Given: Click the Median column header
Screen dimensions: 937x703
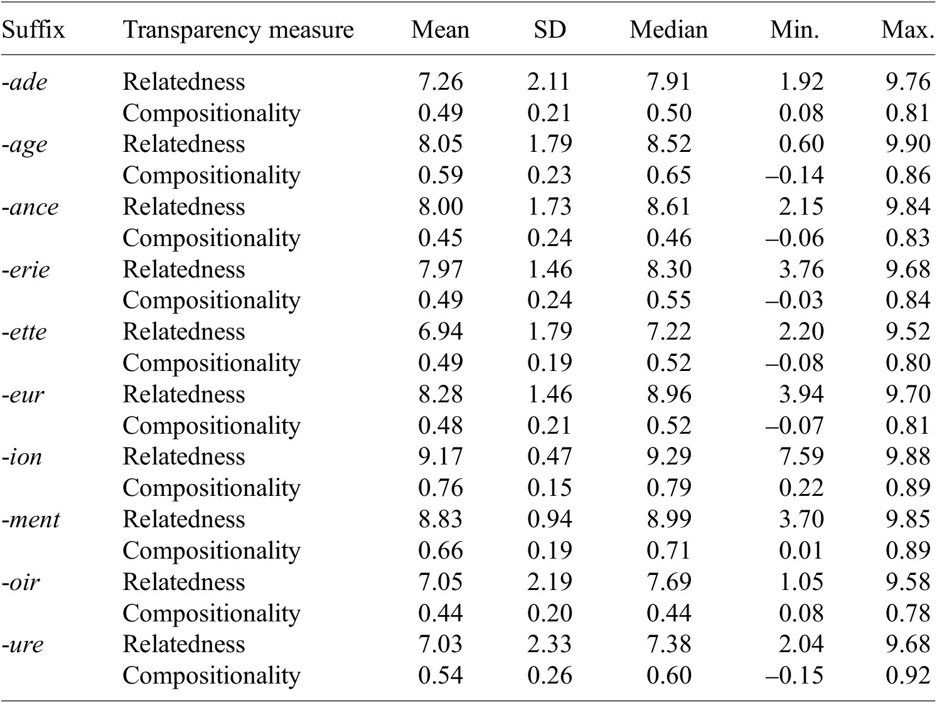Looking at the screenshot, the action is pos(668,30).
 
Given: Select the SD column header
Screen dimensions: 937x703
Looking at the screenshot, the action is pos(550,30).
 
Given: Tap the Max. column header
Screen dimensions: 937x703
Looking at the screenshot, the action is pos(908,30).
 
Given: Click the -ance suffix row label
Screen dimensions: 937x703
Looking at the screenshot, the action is pos(30,207).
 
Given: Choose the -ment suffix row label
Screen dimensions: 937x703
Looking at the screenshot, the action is pos(31,520).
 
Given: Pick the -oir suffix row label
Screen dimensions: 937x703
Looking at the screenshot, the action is pos(21,582).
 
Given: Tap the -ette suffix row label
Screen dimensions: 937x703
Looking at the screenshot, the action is pos(24,332).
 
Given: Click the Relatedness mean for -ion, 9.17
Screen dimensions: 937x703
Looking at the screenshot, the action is pos(441,457).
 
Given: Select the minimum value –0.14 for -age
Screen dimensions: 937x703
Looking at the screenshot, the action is pos(795,175).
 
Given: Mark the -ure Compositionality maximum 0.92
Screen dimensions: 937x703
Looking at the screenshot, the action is pos(908,675).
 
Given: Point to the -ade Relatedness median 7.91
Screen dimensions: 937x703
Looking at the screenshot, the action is pos(668,82).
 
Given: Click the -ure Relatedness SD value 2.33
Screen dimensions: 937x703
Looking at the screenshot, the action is pos(549,645).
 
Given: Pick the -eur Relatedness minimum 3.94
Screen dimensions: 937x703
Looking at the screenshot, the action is pos(801,394).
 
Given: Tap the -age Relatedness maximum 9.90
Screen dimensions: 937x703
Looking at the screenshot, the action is pos(908,144).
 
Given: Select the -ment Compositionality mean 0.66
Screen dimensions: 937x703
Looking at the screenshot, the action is pos(441,550).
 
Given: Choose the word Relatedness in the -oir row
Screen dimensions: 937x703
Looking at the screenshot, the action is pos(184,582).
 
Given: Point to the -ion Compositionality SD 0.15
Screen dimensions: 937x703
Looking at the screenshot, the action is pos(549,488).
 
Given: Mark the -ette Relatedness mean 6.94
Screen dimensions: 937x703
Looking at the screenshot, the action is pos(441,332).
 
